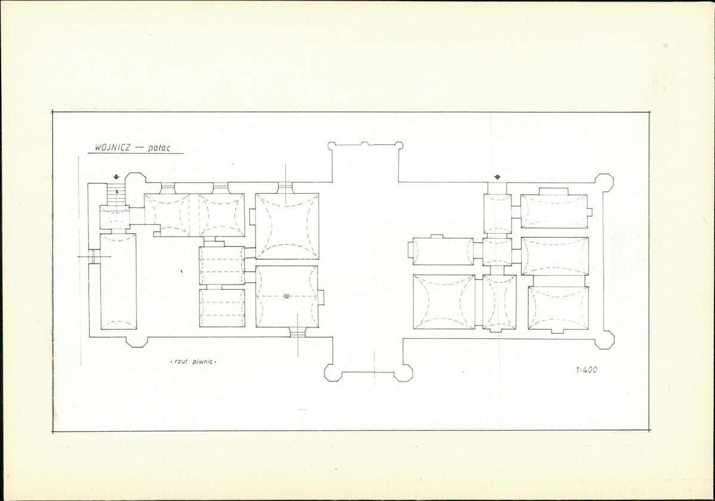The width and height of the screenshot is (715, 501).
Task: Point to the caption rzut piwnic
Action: (x=192, y=361)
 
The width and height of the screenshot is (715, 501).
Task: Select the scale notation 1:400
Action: (x=587, y=370)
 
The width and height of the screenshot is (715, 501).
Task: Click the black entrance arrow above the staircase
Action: (x=117, y=177)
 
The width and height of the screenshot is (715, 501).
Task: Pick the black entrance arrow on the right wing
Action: (x=497, y=177)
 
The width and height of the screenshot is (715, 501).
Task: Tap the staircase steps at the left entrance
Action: (x=117, y=194)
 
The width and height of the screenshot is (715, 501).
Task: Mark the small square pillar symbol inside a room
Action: (x=286, y=296)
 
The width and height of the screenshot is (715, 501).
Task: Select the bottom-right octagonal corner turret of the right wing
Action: (x=605, y=339)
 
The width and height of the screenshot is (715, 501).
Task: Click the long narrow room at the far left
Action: (x=118, y=281)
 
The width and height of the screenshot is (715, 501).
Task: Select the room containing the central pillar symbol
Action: (x=286, y=296)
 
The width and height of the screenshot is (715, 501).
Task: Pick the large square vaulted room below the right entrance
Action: (x=443, y=302)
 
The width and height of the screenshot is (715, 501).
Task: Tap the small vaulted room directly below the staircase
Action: (x=115, y=218)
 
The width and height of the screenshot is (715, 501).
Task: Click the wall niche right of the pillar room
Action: (x=322, y=297)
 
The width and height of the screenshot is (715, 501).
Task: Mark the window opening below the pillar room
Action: (x=298, y=332)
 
